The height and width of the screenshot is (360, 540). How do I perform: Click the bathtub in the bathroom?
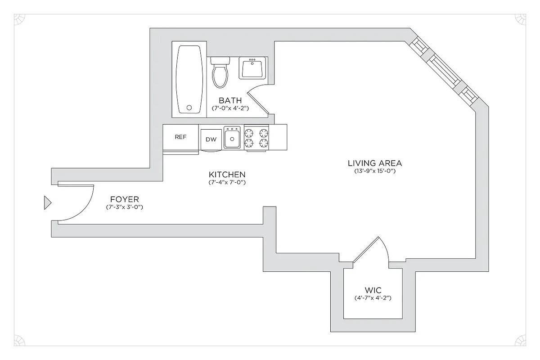(189, 79)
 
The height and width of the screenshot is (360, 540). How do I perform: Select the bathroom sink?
(252, 68)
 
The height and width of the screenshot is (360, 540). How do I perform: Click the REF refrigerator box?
(180, 138)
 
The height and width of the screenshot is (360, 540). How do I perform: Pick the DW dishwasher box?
(211, 139)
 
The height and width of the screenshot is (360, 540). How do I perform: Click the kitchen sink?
(232, 137)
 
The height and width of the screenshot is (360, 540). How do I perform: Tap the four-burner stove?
(256, 138)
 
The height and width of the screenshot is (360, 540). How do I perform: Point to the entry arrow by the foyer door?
(47, 203)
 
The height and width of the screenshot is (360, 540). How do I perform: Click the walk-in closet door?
(371, 250)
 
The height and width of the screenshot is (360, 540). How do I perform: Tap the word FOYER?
(124, 199)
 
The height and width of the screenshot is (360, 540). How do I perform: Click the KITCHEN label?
(227, 175)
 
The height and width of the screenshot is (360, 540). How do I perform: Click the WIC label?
(373, 290)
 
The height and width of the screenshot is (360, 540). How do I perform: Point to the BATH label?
(230, 100)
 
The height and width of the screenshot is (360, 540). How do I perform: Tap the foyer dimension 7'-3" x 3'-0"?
(124, 207)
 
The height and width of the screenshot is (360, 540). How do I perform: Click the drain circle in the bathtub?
(189, 108)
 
